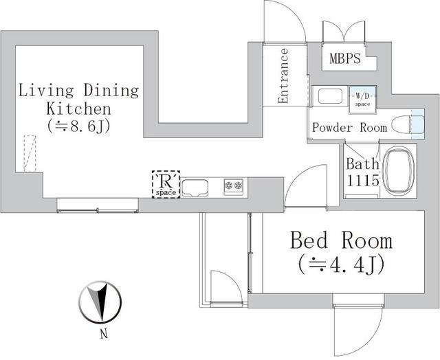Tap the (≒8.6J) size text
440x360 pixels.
(79, 126)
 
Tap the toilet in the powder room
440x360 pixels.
(406, 125)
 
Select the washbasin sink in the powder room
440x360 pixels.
(330, 96)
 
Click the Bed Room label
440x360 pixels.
(341, 240)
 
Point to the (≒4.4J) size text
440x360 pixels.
(341, 264)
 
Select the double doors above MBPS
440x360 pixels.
(344, 32)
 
